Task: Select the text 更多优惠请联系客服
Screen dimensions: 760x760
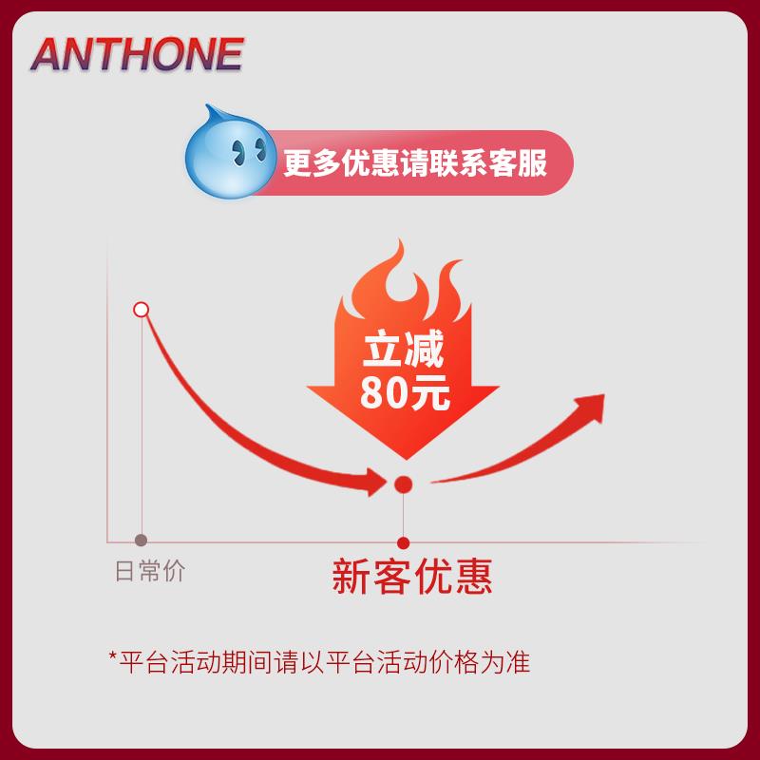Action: pyautogui.click(x=415, y=162)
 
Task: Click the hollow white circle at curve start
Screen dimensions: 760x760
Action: pyautogui.click(x=142, y=309)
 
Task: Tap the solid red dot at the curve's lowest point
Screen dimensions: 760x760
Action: pyautogui.click(x=403, y=484)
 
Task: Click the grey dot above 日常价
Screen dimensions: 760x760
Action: pyautogui.click(x=142, y=540)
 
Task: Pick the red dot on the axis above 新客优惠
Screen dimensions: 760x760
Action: pyautogui.click(x=403, y=542)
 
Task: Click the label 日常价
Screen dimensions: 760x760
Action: pyautogui.click(x=150, y=571)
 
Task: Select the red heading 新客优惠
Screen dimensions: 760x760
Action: pyautogui.click(x=411, y=576)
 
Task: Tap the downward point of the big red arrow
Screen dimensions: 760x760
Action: pyautogui.click(x=404, y=457)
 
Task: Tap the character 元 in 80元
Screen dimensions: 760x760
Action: pyautogui.click(x=431, y=392)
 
